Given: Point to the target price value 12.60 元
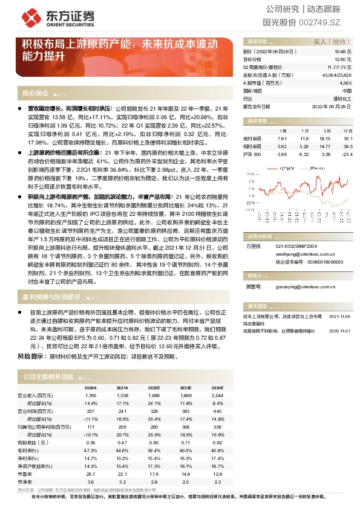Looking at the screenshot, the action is point(343,60).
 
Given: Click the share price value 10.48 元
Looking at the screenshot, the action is point(343,53).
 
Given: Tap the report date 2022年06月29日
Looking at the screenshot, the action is point(332,105).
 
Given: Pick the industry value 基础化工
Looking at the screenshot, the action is point(341,97).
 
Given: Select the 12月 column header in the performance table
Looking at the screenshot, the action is point(347,130).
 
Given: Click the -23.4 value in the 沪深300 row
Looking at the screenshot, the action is point(346,154).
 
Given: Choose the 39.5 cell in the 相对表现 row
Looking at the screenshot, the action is point(347,146).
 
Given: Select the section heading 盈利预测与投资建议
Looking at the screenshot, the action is point(51,297).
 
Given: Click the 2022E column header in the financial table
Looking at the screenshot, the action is point(154,388).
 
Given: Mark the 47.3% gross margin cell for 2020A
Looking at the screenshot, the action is point(90,450).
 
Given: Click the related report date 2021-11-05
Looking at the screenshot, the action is point(338,316).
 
